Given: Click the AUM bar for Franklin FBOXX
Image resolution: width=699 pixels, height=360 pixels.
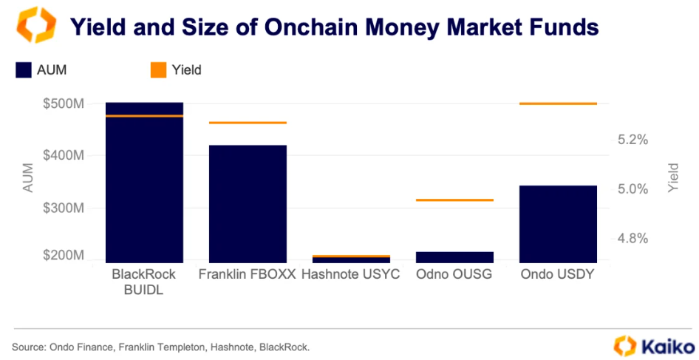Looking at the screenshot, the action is [248, 204].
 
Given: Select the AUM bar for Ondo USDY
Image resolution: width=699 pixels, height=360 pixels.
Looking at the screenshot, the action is [558, 224].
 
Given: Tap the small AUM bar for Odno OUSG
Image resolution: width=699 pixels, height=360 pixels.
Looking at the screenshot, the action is [454, 257].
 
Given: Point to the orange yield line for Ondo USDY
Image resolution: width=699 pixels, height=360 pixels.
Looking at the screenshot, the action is [558, 103].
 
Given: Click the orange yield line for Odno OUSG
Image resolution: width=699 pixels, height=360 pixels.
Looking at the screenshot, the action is [454, 200].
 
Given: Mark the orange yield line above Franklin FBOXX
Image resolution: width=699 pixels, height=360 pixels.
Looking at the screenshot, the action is [248, 123].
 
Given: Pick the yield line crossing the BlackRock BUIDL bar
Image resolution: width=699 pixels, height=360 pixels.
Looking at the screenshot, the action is [144, 116].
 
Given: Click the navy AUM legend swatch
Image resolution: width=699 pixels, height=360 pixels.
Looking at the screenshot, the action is [24, 70].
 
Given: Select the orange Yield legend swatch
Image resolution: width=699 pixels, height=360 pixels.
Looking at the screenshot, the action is [158, 70].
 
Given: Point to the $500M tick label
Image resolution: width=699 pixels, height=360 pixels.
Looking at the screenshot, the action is [64, 104].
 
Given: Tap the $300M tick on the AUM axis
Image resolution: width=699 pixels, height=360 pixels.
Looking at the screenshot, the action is [64, 208].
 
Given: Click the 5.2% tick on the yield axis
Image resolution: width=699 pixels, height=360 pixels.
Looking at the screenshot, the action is [632, 140].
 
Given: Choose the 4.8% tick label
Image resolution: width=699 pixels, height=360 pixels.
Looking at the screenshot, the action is [632, 239].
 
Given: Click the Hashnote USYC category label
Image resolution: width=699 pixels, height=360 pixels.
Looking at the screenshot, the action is [351, 274].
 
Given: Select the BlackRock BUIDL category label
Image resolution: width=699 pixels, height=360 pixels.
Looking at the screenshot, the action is [144, 282].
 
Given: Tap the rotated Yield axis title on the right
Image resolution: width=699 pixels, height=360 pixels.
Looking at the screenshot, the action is [673, 178].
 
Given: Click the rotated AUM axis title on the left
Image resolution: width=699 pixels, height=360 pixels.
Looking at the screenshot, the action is [28, 178].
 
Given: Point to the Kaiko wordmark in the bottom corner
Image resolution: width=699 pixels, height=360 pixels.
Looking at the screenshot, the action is [668, 347].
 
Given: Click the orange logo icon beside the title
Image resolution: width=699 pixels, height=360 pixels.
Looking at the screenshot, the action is [36, 25].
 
